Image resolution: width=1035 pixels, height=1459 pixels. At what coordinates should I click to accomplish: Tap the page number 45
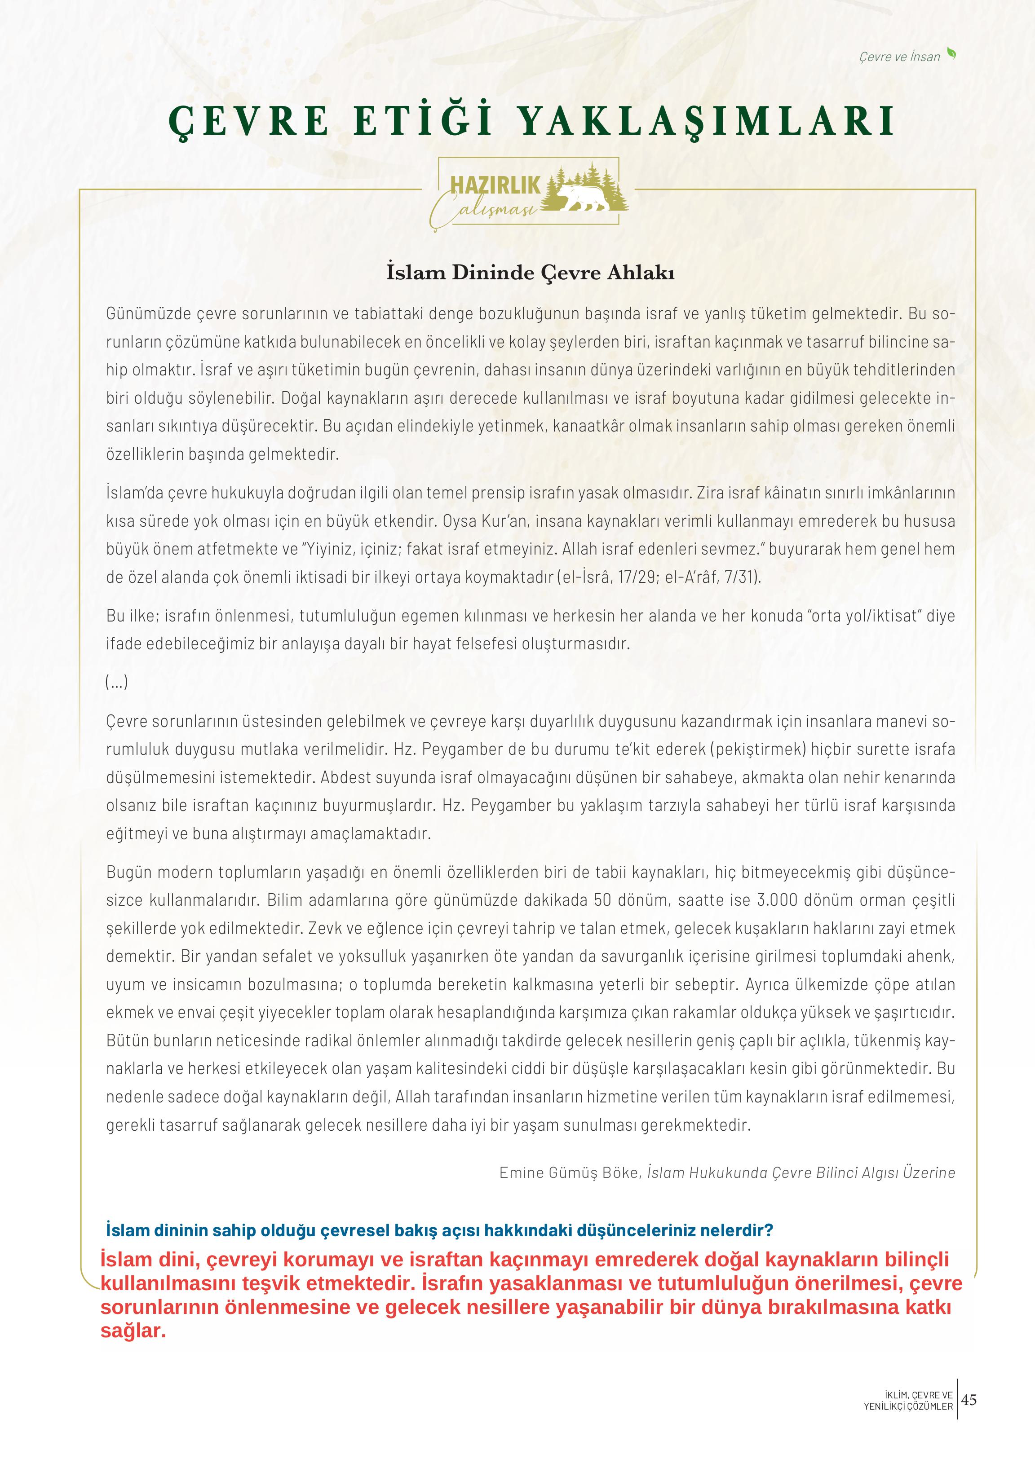point(969,1400)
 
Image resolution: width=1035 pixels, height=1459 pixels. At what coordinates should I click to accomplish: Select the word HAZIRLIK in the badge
point(495,185)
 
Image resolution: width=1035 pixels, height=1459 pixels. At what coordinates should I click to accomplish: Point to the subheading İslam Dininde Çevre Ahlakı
point(530,273)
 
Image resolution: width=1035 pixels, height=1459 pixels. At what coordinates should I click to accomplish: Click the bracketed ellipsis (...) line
point(117,683)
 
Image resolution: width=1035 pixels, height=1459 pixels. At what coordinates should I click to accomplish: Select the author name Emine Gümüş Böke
point(568,1173)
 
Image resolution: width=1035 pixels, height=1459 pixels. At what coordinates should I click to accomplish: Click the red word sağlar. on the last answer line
point(133,1331)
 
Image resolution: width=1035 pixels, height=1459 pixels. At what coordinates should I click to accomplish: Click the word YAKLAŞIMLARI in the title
point(704,121)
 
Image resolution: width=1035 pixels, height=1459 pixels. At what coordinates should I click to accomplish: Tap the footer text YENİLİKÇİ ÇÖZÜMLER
point(908,1406)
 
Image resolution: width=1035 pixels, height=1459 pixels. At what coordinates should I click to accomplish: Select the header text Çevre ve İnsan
point(899,57)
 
